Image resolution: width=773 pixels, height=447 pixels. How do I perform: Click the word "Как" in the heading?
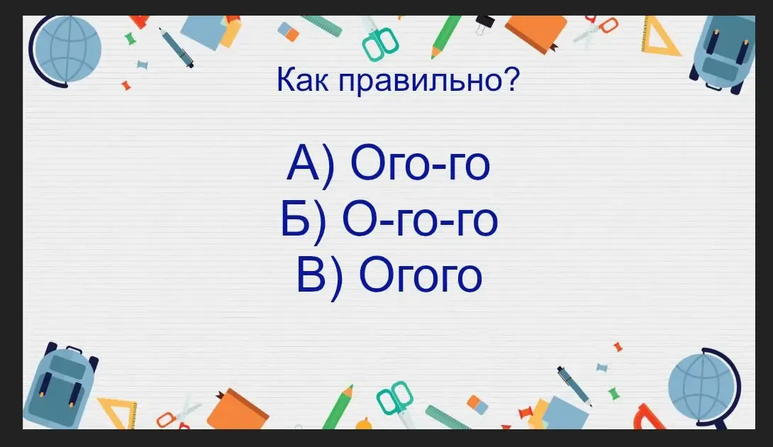tap(302, 80)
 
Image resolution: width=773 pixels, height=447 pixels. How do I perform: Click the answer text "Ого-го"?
tap(420, 163)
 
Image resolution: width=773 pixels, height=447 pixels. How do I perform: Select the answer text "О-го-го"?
tap(420, 219)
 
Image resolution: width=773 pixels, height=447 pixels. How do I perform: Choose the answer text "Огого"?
tap(420, 275)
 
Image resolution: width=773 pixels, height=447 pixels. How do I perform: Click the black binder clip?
tap(484, 23)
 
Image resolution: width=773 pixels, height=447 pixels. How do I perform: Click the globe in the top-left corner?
tap(65, 50)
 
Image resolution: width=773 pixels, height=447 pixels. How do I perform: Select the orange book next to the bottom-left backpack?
tap(237, 409)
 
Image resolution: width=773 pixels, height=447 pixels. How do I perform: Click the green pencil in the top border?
tap(445, 37)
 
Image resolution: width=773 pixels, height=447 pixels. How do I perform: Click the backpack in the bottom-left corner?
tap(60, 387)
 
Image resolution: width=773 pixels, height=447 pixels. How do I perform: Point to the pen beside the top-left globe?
tap(175, 47)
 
